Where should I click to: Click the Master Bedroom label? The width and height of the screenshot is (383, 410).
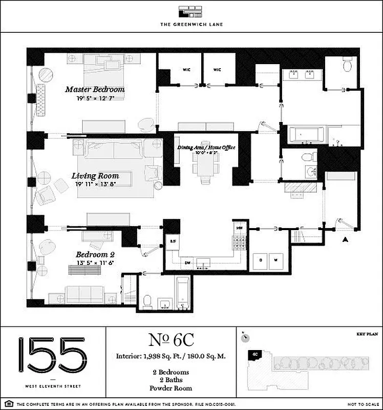(95, 89)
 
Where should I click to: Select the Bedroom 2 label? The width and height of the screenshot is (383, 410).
(92, 254)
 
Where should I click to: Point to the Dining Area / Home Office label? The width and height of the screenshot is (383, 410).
(206, 148)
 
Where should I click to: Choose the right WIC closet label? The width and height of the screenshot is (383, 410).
(217, 69)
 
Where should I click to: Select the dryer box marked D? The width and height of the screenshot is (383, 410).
(260, 260)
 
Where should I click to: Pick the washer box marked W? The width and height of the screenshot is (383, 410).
(276, 260)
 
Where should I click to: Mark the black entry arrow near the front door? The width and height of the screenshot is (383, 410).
(346, 239)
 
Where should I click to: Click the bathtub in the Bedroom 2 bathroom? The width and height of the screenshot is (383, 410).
(183, 293)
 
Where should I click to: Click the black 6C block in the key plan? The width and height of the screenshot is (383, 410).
(254, 354)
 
